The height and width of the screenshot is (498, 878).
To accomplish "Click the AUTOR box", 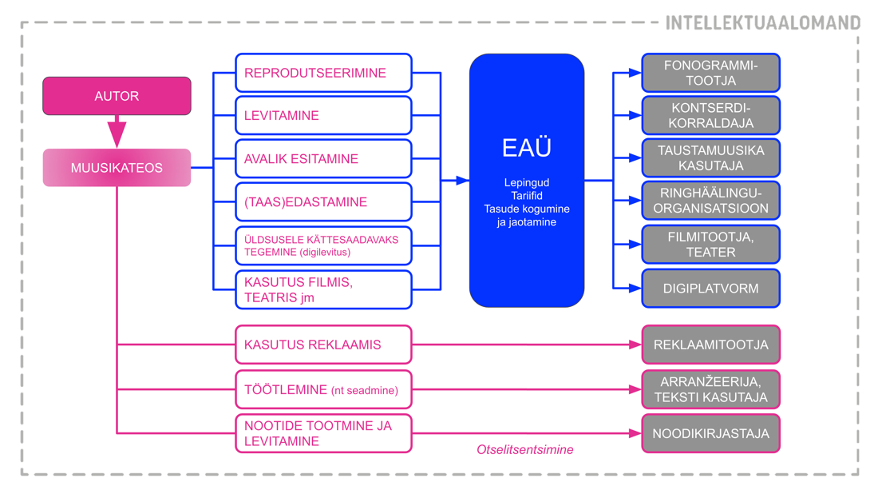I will [117, 96].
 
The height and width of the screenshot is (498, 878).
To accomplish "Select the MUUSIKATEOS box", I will [117, 168].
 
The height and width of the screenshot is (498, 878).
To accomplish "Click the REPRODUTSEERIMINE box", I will [323, 73].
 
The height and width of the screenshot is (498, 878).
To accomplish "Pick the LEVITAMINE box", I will [323, 116].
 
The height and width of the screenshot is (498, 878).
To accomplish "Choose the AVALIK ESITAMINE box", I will [323, 159].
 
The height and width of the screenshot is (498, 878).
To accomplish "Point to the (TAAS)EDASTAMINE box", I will [323, 202].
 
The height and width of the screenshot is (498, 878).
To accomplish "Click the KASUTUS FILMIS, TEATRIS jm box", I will [323, 290].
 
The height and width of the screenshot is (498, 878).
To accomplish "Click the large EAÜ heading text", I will [527, 149].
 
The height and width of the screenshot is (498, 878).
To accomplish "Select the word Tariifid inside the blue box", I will [527, 196].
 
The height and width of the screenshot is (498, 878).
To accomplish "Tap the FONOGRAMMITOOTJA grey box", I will [711, 73].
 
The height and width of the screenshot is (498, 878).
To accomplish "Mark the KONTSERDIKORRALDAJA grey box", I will [711, 116].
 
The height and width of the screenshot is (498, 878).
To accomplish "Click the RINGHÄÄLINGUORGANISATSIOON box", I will [711, 201].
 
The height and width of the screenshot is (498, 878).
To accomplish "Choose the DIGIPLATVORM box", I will [711, 289].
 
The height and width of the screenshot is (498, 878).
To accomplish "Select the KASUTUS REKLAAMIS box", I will [323, 345].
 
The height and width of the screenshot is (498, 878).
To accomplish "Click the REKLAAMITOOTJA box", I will [711, 345].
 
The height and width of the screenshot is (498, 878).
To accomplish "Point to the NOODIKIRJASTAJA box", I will [711, 434].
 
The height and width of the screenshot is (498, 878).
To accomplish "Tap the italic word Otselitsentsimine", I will [525, 450].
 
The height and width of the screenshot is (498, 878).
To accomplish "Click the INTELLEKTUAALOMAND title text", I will [763, 22].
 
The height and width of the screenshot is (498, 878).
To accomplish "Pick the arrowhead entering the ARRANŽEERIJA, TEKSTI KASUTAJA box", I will [635, 390].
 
